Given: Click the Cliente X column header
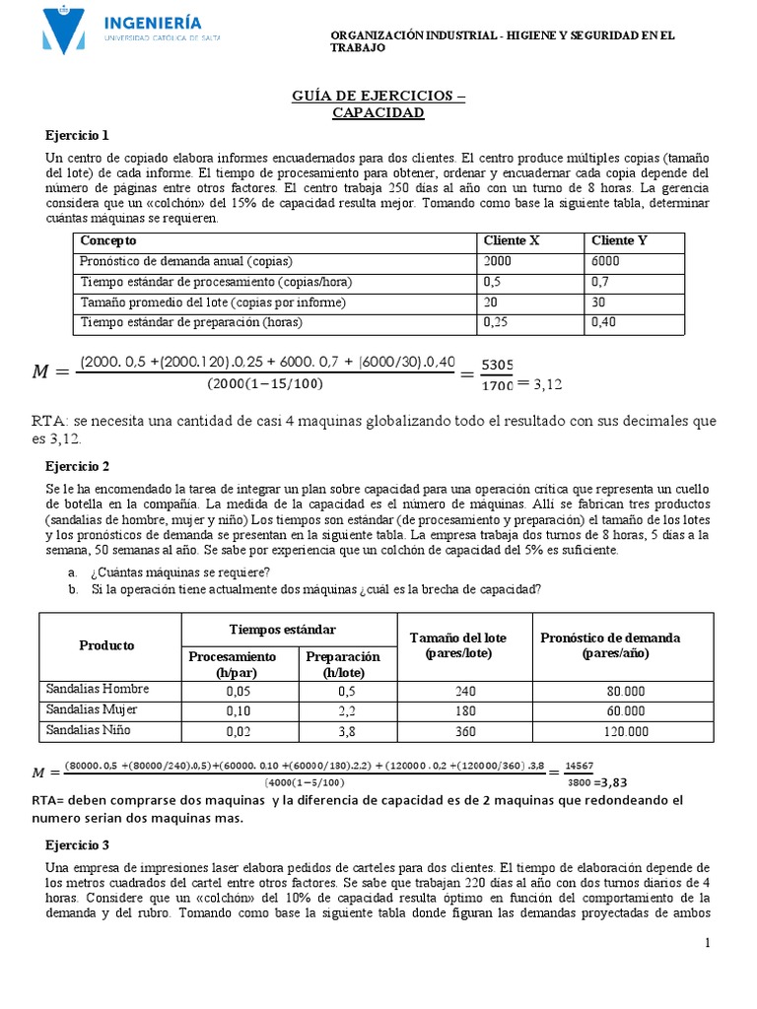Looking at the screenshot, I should point(512,240).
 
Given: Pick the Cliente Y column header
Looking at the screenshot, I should point(619,240).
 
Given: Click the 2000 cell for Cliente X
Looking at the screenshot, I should point(499,261).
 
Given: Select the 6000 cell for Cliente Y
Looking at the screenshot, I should point(606,261).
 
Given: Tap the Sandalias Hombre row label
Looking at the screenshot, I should point(98,689).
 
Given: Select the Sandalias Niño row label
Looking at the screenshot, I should point(92,730).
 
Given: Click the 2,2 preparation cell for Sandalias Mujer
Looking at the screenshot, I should point(343,711).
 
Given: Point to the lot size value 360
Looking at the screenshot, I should point(464,732).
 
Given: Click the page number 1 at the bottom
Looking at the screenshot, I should point(707,944).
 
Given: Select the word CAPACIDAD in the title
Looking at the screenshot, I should point(378,112).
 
